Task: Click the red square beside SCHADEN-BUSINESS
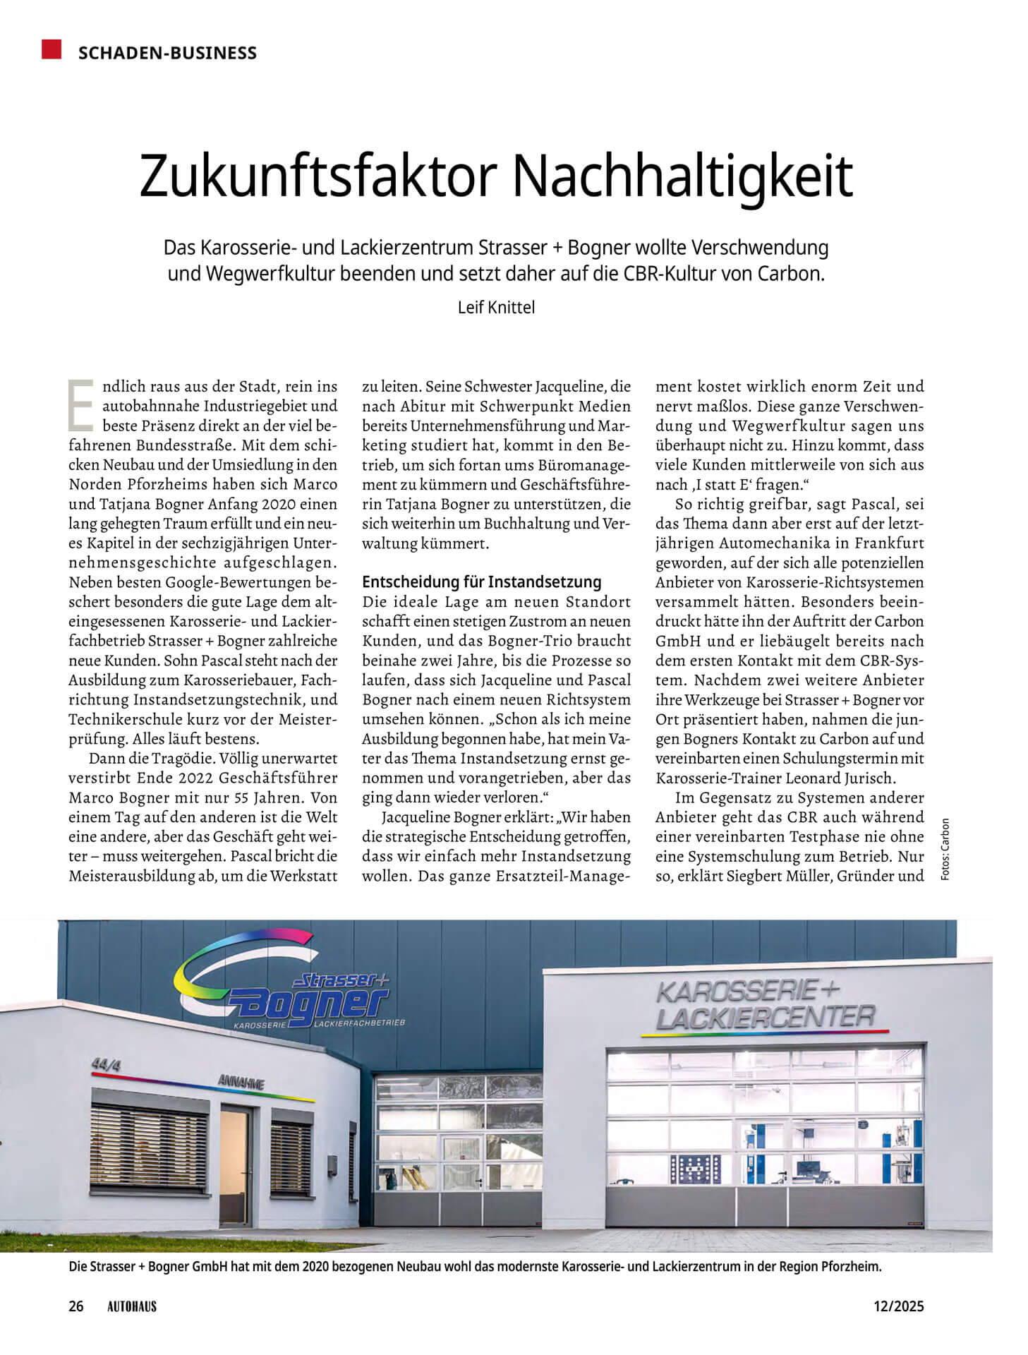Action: point(52,49)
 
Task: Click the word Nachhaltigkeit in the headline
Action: point(683,176)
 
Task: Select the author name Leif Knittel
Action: point(496,308)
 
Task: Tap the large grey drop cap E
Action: point(80,405)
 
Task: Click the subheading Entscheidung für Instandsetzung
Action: point(481,582)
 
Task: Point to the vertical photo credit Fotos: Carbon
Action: point(945,848)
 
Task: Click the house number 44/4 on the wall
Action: point(104,1065)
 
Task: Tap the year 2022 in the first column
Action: point(188,778)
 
